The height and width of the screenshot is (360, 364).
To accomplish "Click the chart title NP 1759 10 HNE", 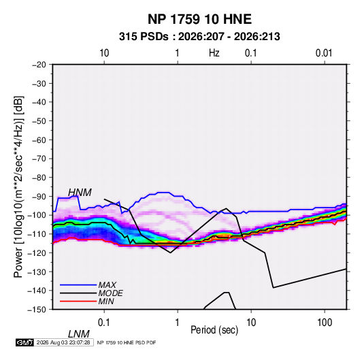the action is coord(199,19).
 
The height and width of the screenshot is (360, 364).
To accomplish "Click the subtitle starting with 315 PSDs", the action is coord(199,37).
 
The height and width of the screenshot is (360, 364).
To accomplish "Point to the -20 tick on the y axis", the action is coord(39,65).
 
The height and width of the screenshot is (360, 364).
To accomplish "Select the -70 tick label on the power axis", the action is coord(39,159).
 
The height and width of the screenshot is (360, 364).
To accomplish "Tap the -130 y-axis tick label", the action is coord(37,272).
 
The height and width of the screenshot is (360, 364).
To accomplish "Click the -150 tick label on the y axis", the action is coord(37,310).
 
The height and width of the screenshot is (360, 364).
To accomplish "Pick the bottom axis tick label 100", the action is coord(325,323).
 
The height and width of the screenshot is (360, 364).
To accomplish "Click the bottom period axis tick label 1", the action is coord(178,323).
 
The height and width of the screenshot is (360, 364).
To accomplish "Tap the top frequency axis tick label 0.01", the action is coord(324,53).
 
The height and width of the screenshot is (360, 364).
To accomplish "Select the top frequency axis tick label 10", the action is coord(104,53).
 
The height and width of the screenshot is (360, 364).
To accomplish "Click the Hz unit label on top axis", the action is coord(214,53).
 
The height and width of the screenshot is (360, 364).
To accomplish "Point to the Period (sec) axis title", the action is coord(214,330).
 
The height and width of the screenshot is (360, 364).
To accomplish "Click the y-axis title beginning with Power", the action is coord(18,187).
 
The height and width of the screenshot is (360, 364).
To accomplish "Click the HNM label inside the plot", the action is coord(80,193).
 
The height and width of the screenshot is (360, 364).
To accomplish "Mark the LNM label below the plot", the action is coord(79,334).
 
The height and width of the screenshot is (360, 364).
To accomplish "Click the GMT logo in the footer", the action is coord(25,342).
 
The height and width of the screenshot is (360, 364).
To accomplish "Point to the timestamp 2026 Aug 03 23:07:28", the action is coord(63,342).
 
